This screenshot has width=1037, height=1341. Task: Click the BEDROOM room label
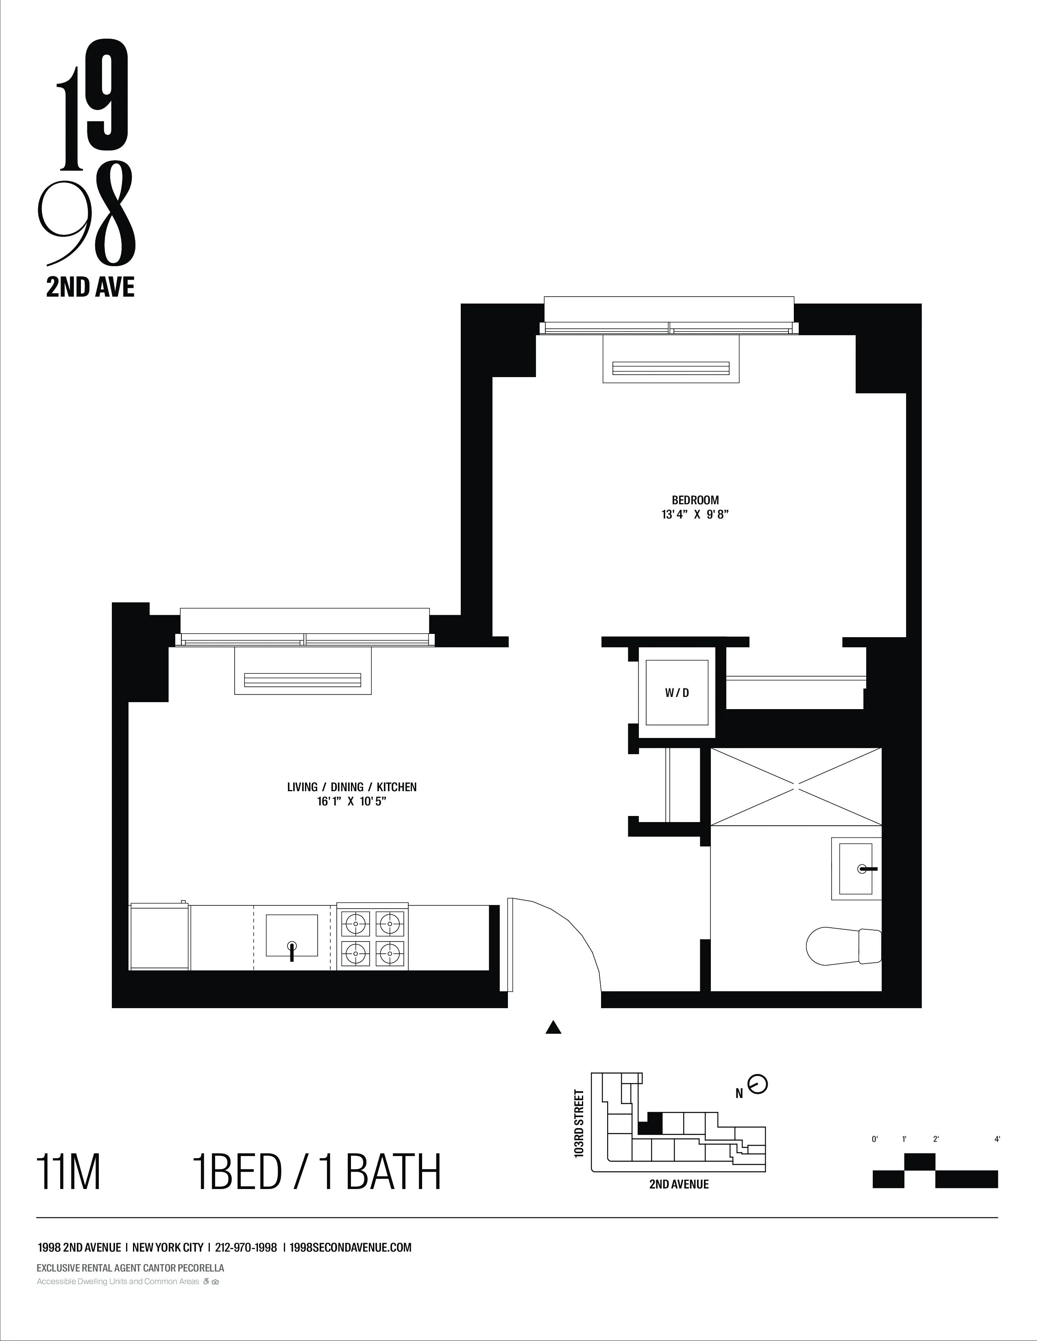(695, 500)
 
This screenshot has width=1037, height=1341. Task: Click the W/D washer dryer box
(676, 692)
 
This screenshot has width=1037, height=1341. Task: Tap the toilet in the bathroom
(843, 946)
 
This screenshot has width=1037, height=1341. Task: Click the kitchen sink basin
(292, 935)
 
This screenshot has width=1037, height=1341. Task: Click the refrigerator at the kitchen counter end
(160, 936)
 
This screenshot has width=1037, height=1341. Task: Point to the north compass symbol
(758, 1084)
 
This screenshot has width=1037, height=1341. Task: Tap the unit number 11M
(69, 1173)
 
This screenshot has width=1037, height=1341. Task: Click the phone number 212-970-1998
(246, 1248)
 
